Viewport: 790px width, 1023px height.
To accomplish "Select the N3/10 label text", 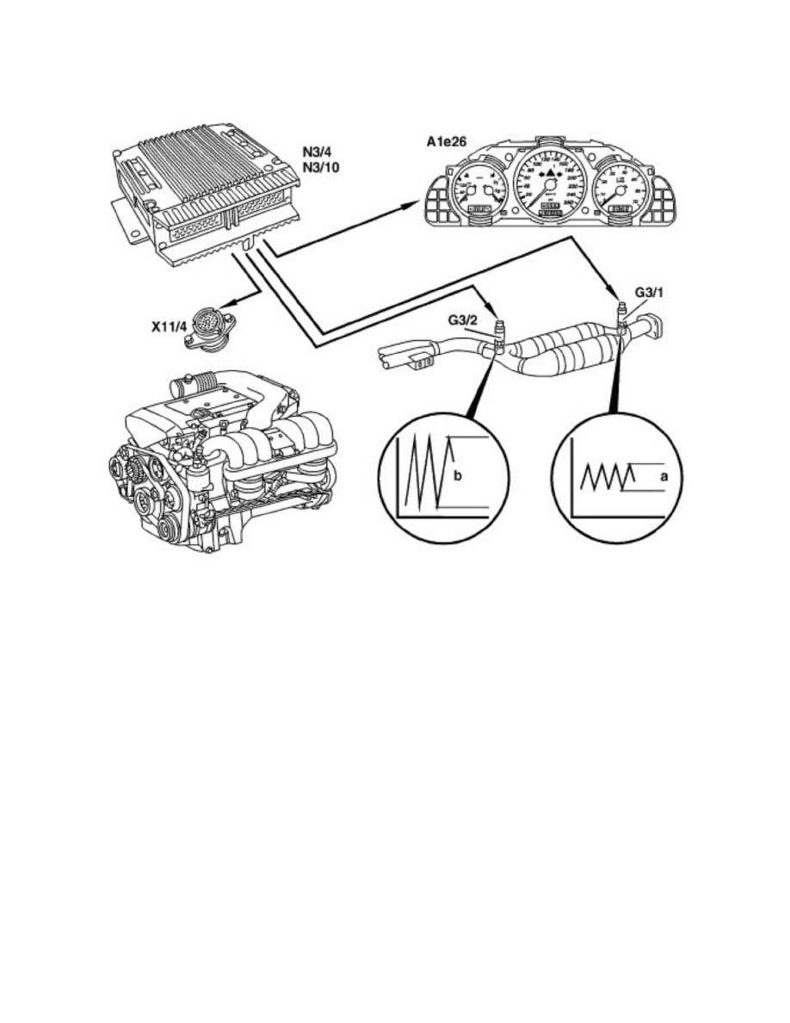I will (319, 167).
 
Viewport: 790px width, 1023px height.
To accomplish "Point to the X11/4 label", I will (165, 329).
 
